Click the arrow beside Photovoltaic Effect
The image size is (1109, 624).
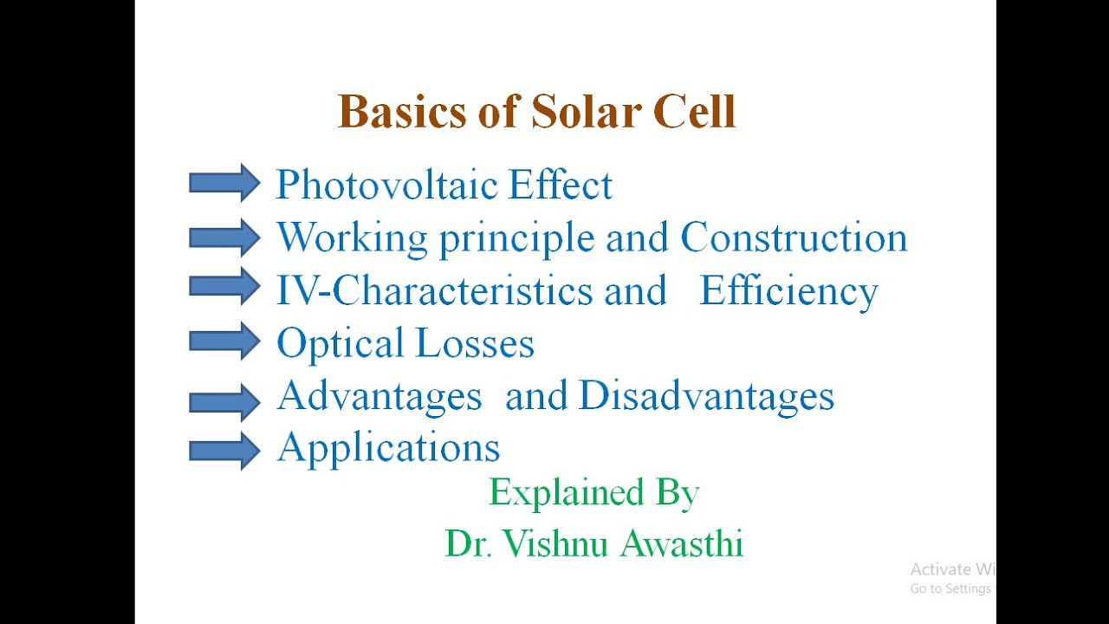pyautogui.click(x=224, y=183)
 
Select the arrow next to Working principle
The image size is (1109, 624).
pyautogui.click(x=224, y=237)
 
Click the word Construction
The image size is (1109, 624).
pyautogui.click(x=794, y=237)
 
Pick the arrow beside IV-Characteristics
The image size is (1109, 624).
pyautogui.click(x=224, y=287)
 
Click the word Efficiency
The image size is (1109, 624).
pyautogui.click(x=788, y=292)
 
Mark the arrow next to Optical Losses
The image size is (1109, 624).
pyautogui.click(x=224, y=341)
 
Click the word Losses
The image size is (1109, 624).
pyautogui.click(x=474, y=343)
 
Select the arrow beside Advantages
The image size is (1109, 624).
pyautogui.click(x=224, y=401)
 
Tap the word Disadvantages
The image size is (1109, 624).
pyautogui.click(x=706, y=397)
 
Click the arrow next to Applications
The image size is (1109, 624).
pyautogui.click(x=224, y=450)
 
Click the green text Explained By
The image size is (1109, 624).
pyautogui.click(x=593, y=493)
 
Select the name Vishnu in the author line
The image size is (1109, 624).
pyautogui.click(x=558, y=543)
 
